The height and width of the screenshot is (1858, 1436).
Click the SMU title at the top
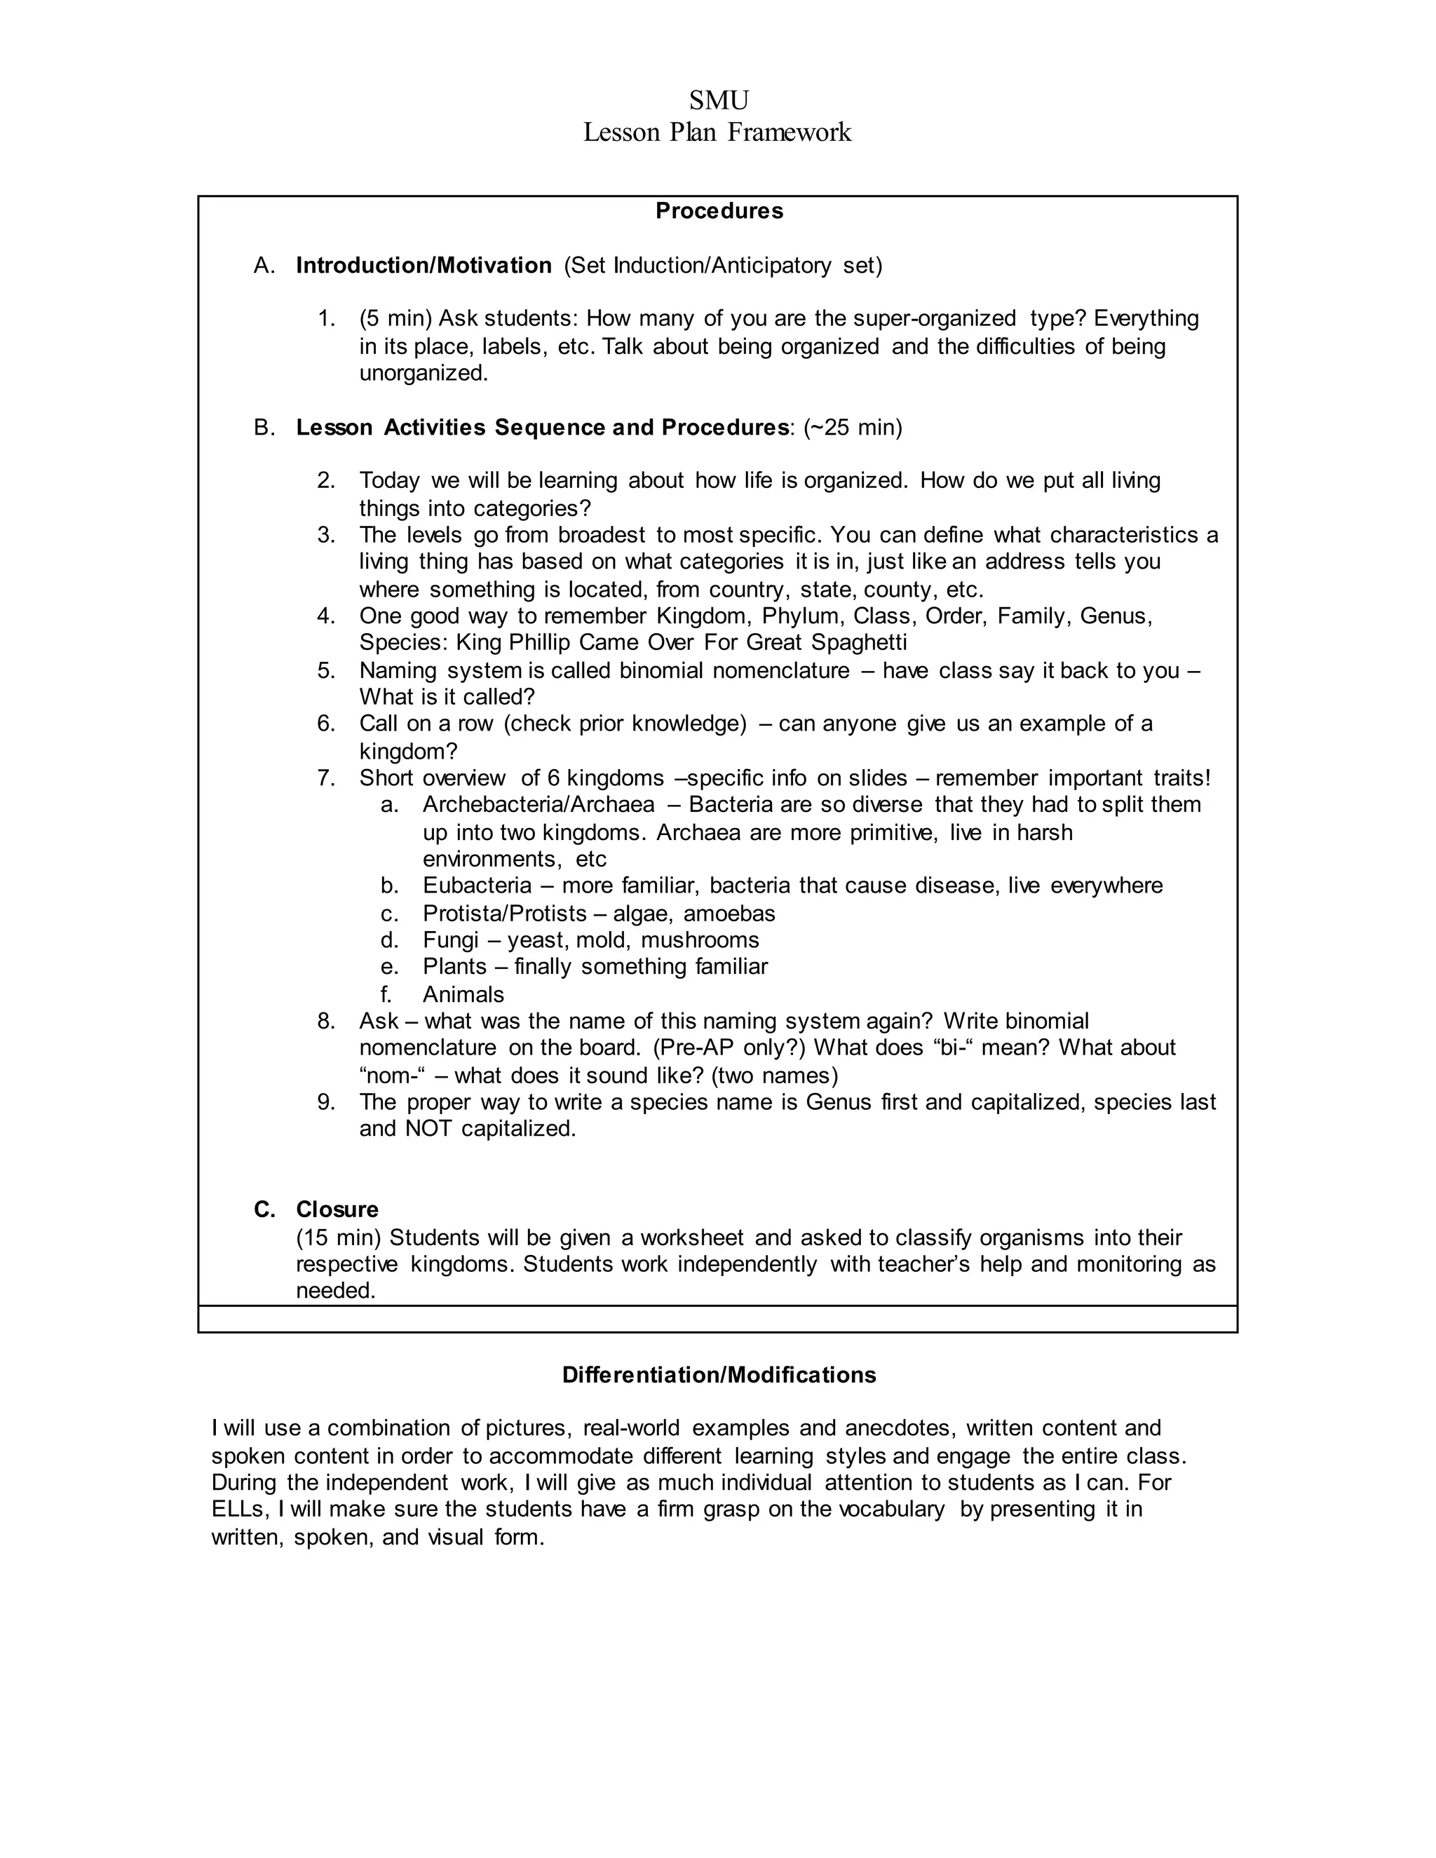tap(718, 100)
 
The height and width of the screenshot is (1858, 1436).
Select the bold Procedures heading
tap(719, 211)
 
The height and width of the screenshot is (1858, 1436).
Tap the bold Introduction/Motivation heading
tap(424, 266)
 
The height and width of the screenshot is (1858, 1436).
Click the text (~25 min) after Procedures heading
tap(853, 427)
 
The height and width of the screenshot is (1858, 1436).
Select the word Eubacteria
tap(476, 886)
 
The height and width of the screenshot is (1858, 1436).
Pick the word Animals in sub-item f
tap(463, 994)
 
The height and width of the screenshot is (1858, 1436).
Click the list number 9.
tap(326, 1103)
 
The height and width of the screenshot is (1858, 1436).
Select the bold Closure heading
tap(337, 1209)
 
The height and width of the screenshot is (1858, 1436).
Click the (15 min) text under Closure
tap(338, 1237)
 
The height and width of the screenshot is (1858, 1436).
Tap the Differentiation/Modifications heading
tap(719, 1375)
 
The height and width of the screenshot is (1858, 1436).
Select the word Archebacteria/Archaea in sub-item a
tap(538, 805)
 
